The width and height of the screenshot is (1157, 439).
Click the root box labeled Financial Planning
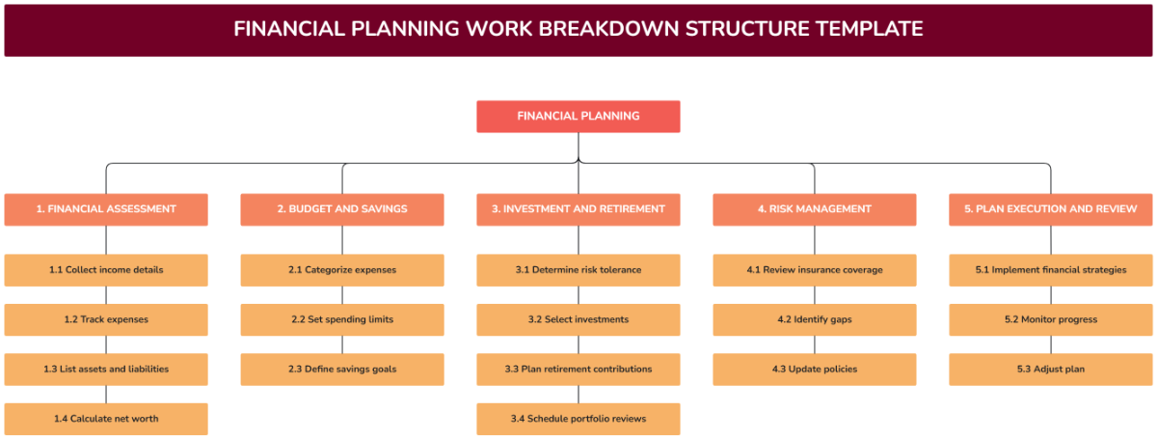(578, 117)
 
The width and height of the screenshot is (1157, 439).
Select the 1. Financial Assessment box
(106, 209)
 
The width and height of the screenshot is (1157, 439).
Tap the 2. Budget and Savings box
(342, 209)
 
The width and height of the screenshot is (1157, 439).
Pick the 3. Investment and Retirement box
(578, 209)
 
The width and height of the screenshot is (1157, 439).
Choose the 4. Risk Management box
(815, 209)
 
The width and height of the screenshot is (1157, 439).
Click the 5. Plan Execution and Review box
(1051, 209)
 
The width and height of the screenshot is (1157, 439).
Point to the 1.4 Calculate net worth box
(106, 419)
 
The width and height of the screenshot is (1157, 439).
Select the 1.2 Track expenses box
(106, 319)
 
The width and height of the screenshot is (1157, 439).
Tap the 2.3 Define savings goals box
(342, 370)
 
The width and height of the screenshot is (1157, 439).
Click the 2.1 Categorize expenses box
(342, 270)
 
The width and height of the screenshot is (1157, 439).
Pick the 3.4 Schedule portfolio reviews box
(578, 419)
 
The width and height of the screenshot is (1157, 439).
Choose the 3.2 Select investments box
(578, 319)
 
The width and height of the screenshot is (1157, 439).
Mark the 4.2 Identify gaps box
(815, 319)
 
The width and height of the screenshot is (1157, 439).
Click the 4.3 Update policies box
(815, 370)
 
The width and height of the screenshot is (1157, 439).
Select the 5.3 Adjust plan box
(1051, 370)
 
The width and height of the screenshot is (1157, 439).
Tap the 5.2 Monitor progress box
(1051, 319)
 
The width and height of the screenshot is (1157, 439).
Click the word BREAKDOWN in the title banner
(608, 29)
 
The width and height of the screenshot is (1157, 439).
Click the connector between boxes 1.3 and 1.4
(106, 394)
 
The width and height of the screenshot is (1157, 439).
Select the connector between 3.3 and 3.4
(578, 394)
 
